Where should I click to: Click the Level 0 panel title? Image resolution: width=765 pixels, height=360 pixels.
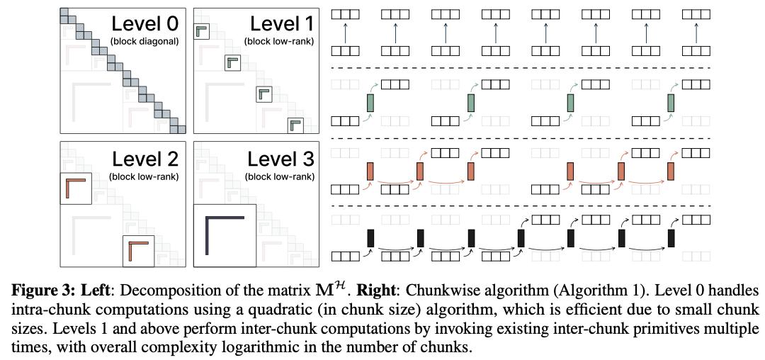145,23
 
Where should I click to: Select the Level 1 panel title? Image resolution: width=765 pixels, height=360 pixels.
282,23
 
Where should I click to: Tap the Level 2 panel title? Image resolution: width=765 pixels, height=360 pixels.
145,159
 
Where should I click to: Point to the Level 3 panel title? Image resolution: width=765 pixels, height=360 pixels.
281,159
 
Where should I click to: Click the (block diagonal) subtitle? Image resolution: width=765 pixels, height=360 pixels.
145,42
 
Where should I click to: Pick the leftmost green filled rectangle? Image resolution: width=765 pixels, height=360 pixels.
370,103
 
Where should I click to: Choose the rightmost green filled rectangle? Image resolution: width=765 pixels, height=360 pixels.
671,103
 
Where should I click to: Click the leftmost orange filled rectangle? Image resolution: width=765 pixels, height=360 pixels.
370,171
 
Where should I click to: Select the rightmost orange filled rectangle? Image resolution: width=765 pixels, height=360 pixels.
671,171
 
